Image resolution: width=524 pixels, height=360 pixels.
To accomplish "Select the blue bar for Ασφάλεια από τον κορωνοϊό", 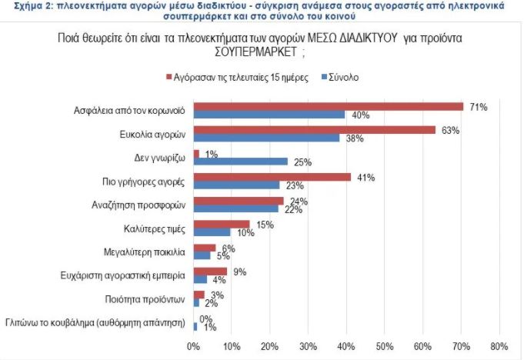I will coord(269,115).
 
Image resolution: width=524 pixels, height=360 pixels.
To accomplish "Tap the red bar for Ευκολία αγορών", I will coord(314,129).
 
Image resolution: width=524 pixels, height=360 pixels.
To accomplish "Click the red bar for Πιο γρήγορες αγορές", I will coord(272,176).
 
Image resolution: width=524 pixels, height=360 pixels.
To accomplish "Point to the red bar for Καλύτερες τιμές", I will coord(222,223).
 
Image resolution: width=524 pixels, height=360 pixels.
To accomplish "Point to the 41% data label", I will coord(365,177).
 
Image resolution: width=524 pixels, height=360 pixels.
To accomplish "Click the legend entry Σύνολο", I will coord(343,78).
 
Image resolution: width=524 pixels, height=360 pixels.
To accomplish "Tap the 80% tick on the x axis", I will coord(499,345).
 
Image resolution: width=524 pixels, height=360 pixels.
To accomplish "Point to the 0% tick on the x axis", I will coord(194,345).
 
